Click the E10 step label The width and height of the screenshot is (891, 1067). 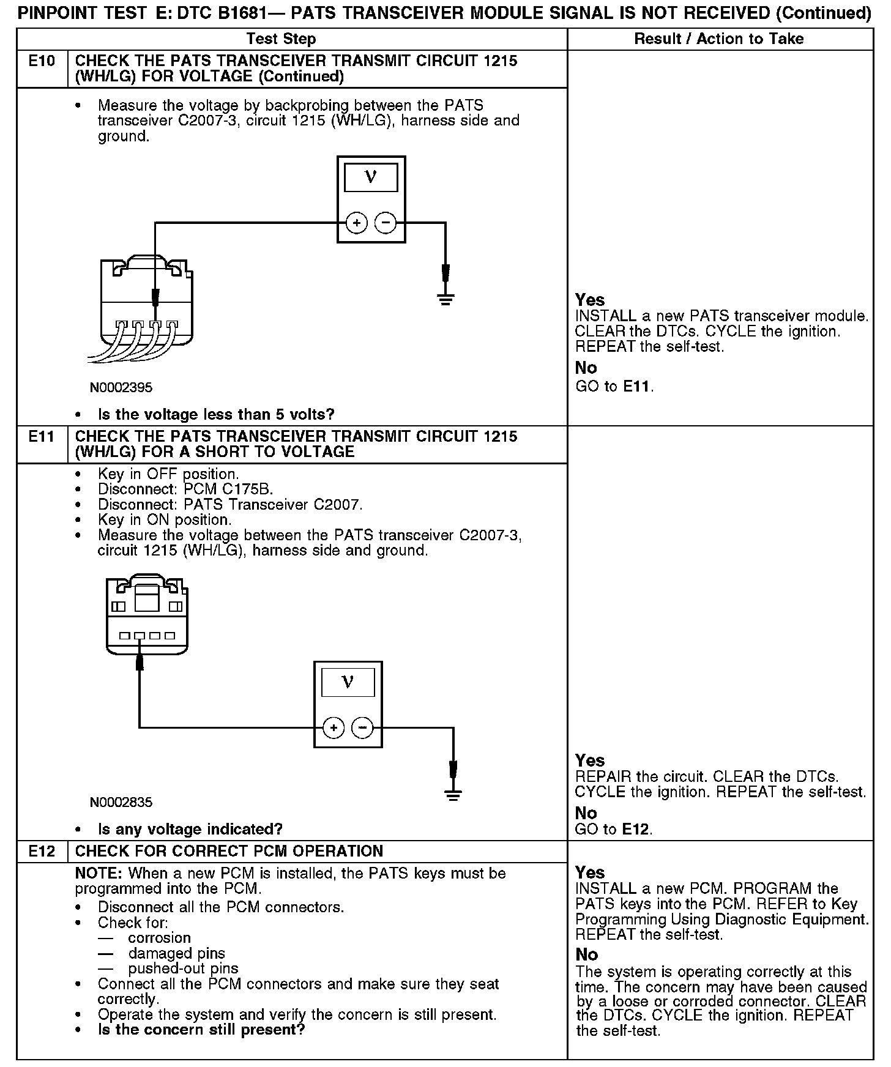[42, 61]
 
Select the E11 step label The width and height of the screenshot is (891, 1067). [42, 437]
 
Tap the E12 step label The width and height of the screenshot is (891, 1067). [42, 851]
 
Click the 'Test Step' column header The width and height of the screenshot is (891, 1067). [281, 39]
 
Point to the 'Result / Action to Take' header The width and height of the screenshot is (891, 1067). [718, 39]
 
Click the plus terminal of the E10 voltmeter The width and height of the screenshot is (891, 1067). [356, 223]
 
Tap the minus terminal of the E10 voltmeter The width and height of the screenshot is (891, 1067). [386, 223]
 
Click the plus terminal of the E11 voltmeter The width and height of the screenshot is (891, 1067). [334, 728]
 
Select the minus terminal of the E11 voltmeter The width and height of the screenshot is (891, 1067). [363, 728]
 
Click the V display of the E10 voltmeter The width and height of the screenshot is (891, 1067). [371, 178]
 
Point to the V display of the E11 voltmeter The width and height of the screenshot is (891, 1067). [348, 683]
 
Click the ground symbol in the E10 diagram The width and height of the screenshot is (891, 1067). [446, 299]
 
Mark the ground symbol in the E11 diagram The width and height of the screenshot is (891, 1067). [453, 795]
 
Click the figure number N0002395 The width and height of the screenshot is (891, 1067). [121, 387]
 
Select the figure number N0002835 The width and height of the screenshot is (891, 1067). [121, 802]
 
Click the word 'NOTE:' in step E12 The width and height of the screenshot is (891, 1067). [99, 873]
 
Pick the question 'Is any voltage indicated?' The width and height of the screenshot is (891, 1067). [190, 829]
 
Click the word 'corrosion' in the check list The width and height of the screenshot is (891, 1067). [159, 938]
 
